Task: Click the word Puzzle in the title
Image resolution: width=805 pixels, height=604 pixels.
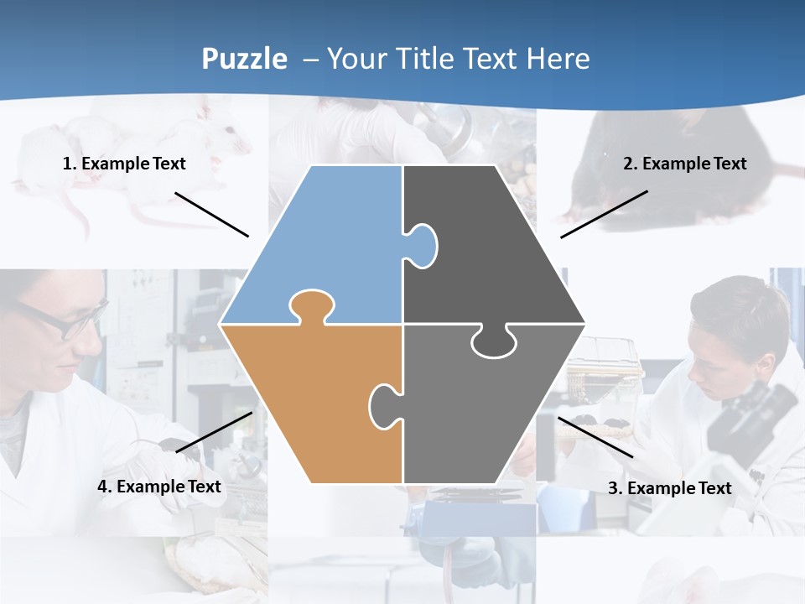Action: point(244,59)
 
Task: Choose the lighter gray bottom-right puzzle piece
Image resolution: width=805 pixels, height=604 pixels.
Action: point(478,419)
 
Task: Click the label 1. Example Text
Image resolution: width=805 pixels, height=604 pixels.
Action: point(124,164)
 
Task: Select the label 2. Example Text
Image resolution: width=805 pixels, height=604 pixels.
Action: point(684,164)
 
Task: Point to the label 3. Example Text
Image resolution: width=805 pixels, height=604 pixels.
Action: point(669,488)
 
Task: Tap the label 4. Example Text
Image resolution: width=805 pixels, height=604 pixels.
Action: point(159,487)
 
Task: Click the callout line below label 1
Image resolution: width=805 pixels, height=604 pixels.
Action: point(211,214)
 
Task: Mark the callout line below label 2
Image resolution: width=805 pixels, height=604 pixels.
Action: point(604,214)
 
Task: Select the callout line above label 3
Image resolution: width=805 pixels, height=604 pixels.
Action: point(595,437)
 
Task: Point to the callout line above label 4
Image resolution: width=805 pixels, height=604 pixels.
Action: point(214,432)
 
